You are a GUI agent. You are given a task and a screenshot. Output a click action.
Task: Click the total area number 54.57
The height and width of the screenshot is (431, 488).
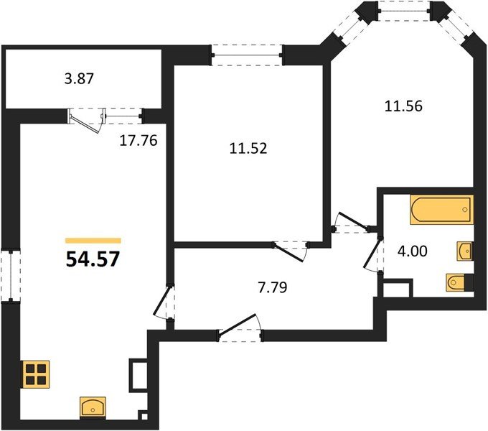(x=93, y=259)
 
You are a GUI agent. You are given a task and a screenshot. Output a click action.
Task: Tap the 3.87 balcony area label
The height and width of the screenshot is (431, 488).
(x=79, y=78)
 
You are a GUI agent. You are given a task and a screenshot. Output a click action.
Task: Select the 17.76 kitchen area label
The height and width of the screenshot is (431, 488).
(x=139, y=141)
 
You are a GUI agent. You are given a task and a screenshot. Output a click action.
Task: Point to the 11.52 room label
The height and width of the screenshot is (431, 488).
(x=248, y=148)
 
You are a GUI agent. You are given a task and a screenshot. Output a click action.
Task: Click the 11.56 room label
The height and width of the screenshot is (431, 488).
(x=403, y=106)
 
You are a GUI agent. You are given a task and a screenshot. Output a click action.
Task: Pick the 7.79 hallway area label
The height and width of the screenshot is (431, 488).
(x=273, y=287)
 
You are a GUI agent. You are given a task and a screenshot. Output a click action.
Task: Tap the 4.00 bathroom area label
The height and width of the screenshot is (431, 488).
(x=413, y=251)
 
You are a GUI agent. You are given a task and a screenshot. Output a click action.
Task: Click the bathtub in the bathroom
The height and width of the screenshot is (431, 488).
(x=442, y=209)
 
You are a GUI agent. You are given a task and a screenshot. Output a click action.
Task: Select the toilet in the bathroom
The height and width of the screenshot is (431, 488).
(x=460, y=282)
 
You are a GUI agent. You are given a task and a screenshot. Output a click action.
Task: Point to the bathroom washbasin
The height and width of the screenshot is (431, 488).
(x=465, y=251)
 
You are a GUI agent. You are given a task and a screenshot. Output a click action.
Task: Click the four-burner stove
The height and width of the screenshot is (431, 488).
(x=36, y=374)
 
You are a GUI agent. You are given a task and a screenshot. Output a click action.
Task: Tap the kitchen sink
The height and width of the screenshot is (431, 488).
(x=93, y=407)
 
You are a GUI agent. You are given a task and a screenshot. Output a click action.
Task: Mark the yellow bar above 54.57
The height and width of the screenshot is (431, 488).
(x=93, y=241)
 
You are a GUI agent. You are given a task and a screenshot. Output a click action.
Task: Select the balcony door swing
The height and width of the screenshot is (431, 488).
(x=86, y=121)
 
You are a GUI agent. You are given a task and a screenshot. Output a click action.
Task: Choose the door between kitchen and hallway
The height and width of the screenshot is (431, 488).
(x=164, y=302)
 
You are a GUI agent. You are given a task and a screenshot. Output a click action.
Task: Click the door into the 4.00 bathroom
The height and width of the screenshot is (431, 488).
(x=373, y=255)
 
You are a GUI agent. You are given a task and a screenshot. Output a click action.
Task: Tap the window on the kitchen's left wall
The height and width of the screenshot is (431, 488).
(x=11, y=275)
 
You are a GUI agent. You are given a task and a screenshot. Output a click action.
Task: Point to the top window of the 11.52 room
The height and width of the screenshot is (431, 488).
(x=247, y=55)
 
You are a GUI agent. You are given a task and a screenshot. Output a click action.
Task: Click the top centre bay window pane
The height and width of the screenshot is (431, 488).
(x=404, y=11)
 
